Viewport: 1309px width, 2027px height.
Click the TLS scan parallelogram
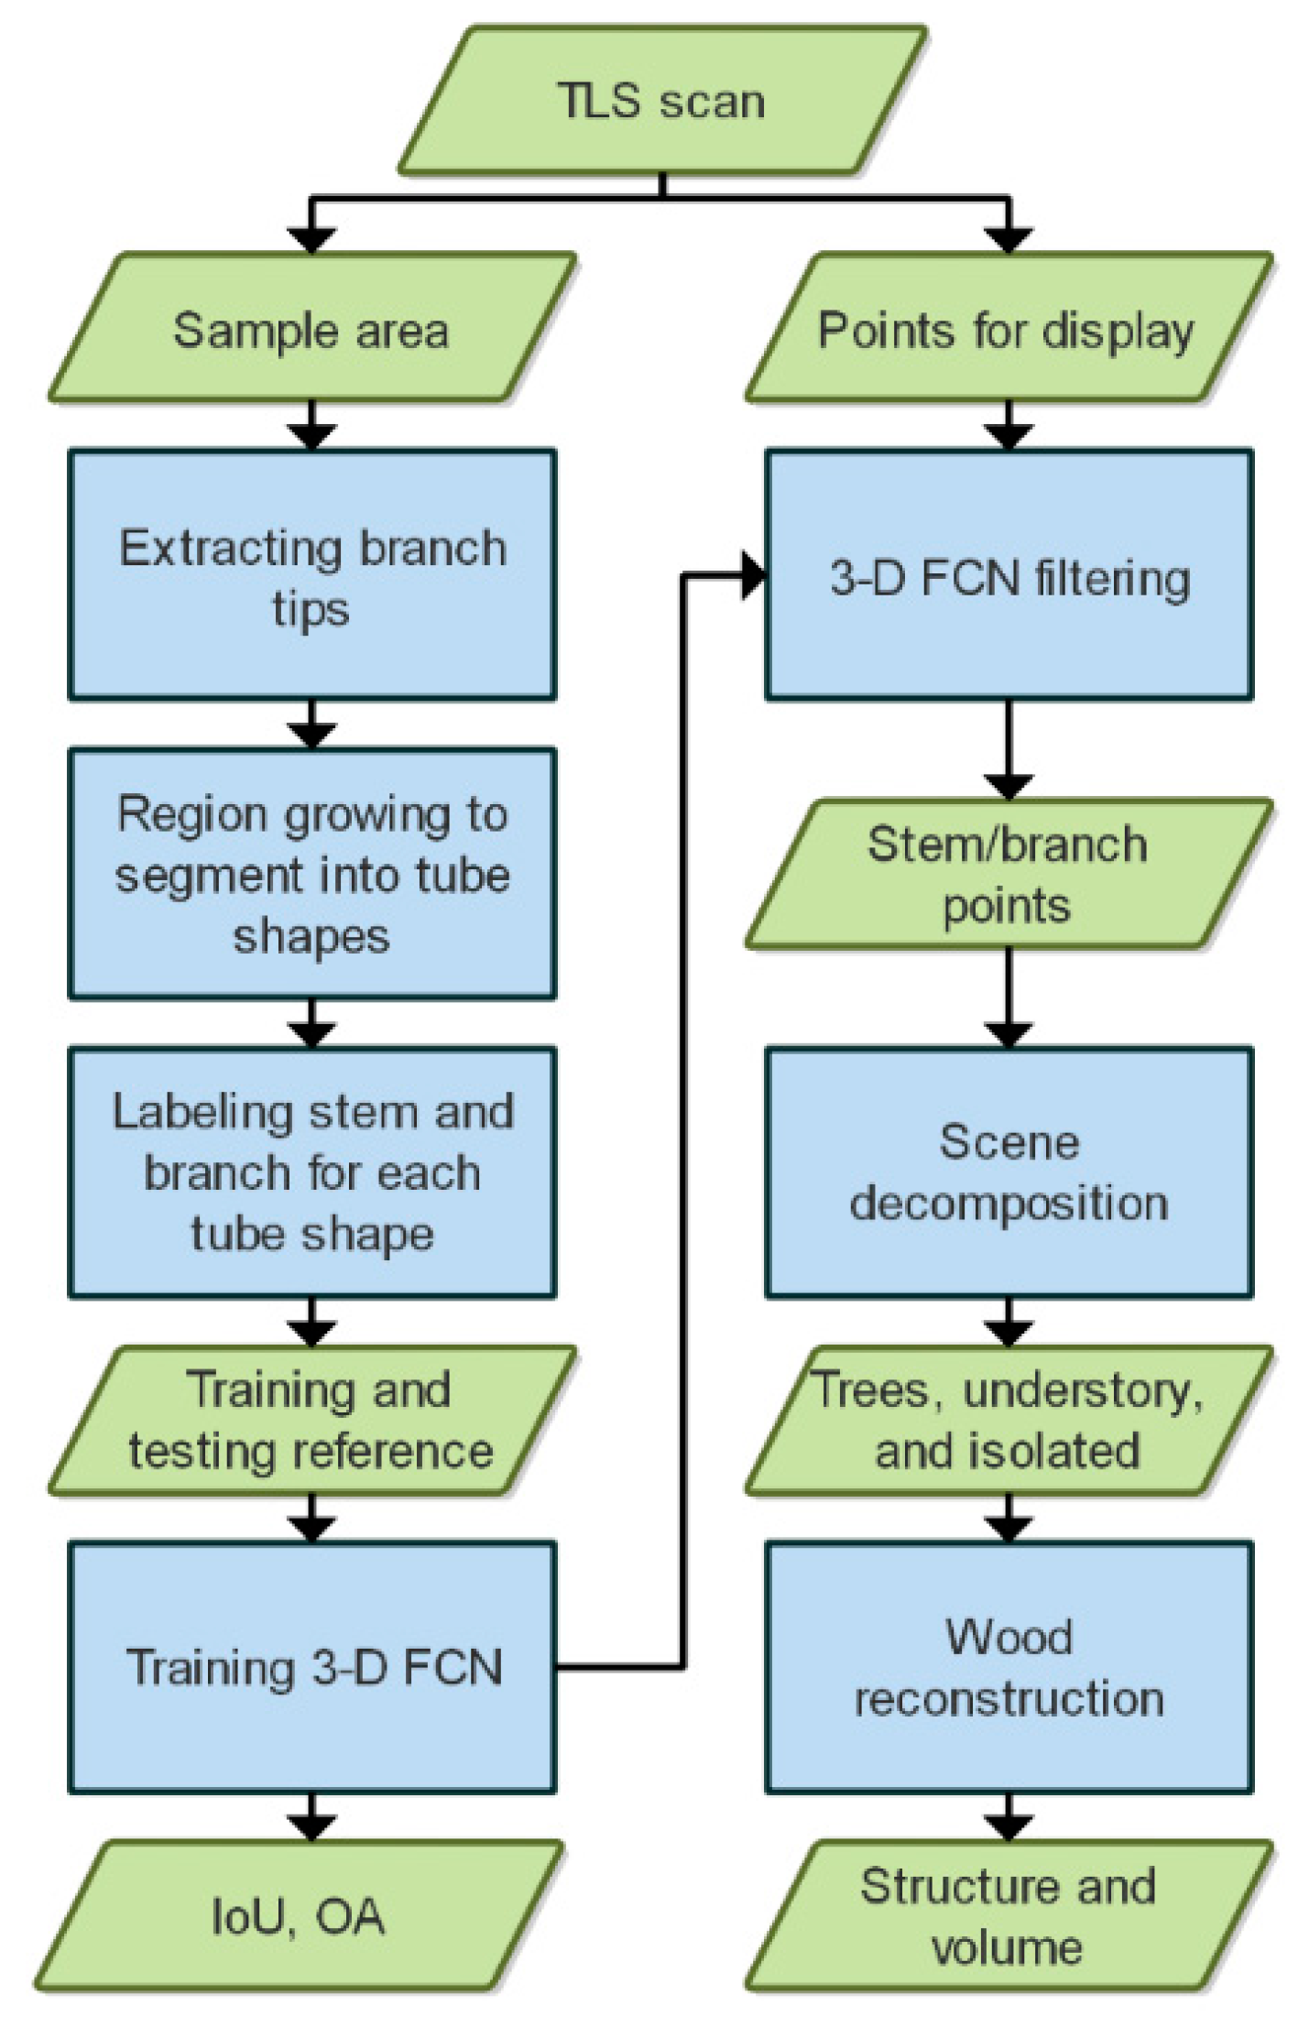point(660,101)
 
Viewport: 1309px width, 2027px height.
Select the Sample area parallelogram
point(311,330)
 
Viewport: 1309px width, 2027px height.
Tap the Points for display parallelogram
point(1008,330)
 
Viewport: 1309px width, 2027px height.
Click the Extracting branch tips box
point(311,575)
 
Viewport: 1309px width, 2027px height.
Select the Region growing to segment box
point(311,874)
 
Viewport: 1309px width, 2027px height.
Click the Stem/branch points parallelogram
point(1008,874)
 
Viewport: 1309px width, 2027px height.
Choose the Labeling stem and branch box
point(311,1172)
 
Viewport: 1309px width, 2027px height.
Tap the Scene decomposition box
point(1008,1172)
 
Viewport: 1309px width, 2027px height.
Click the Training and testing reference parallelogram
point(311,1421)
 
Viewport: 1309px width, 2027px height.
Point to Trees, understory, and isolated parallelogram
point(1008,1421)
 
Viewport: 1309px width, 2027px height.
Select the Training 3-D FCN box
point(311,1667)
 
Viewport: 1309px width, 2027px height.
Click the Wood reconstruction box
point(1008,1667)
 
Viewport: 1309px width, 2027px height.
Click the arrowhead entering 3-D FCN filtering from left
point(753,576)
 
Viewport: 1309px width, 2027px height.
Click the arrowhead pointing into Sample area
point(311,240)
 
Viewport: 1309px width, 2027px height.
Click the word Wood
point(1008,1636)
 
